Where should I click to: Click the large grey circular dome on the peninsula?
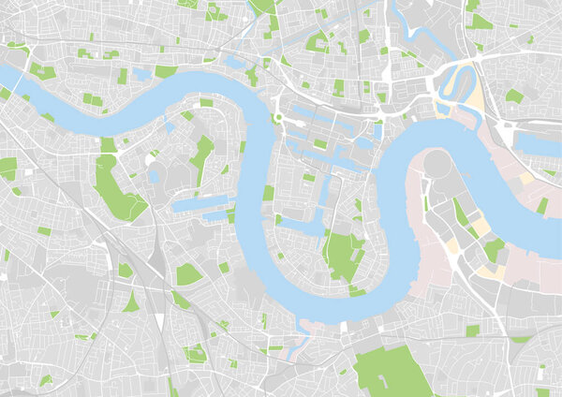(437, 164)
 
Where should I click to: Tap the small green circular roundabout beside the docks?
(278, 118)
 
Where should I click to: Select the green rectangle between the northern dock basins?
(320, 144)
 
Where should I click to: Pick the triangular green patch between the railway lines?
(131, 302)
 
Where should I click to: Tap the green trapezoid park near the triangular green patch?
(187, 274)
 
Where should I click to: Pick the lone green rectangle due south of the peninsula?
(473, 330)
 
